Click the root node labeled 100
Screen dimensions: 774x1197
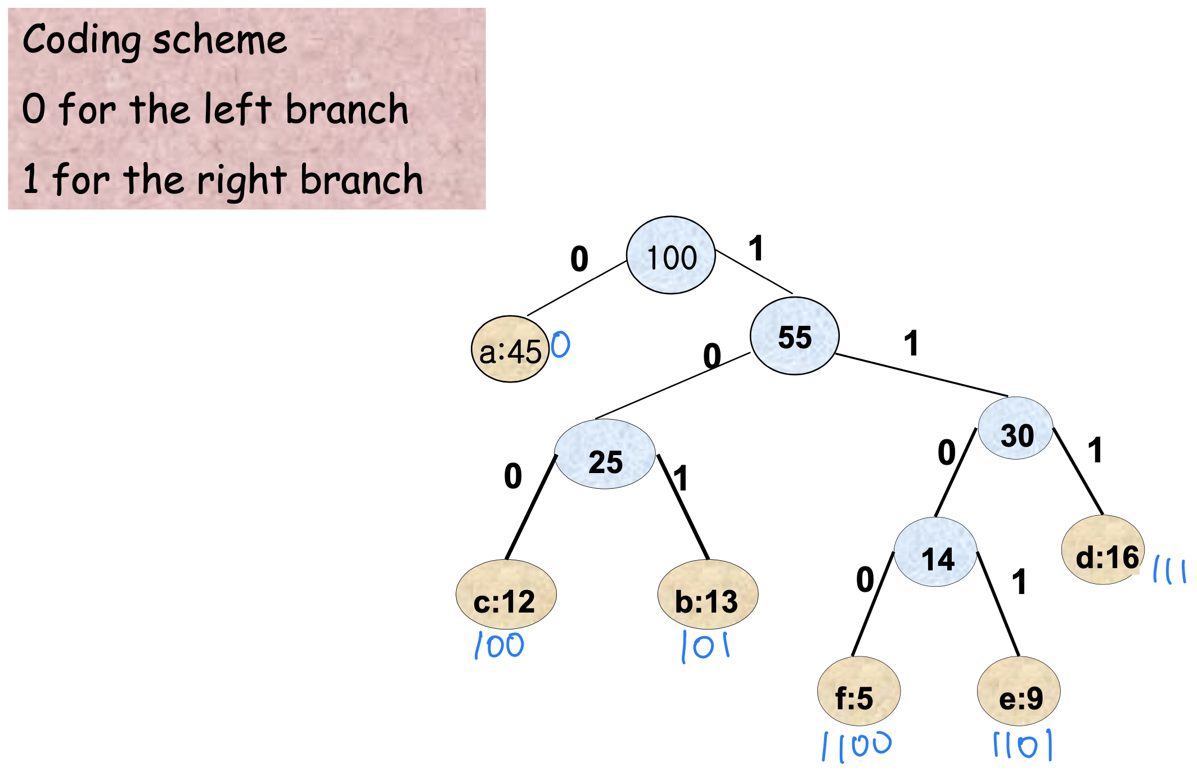pos(670,255)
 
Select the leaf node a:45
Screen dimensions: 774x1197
pos(510,349)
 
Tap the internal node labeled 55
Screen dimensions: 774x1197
pos(794,336)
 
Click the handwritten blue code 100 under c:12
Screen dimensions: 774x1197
pos(499,645)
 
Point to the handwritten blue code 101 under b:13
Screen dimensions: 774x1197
pos(705,646)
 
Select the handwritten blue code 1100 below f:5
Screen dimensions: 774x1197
pos(857,746)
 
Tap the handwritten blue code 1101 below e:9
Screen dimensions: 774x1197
pos(1022,745)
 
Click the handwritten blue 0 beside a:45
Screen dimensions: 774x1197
pos(560,344)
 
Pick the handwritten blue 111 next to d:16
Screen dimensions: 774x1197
pos(1169,570)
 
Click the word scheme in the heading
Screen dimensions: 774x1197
pos(220,40)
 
